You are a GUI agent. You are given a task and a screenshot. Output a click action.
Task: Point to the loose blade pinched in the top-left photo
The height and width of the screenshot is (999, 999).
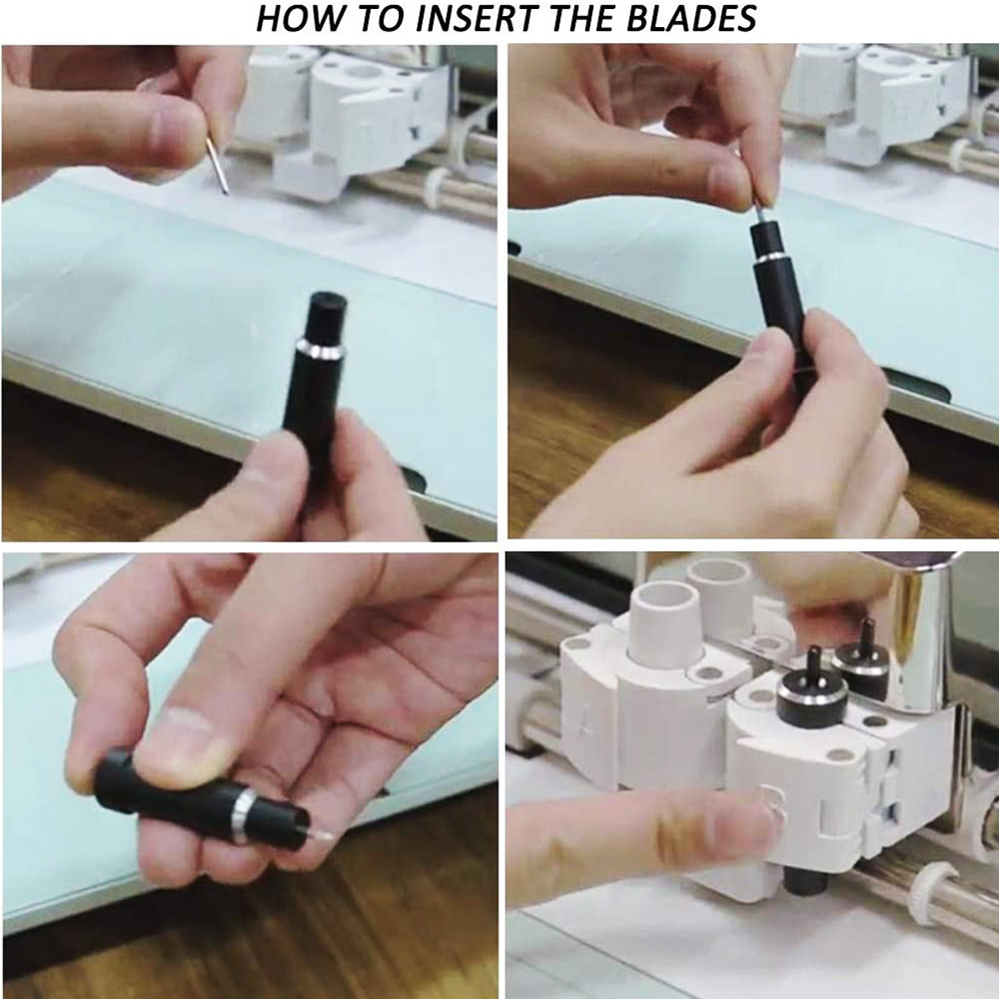217,165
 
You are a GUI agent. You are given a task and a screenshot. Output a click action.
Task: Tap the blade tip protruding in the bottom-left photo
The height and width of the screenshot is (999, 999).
319,834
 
